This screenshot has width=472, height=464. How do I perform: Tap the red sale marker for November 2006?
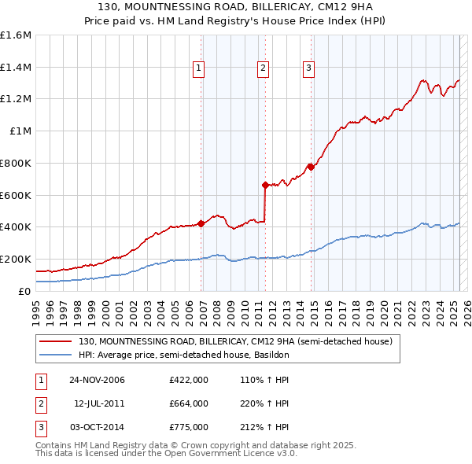click(x=201, y=223)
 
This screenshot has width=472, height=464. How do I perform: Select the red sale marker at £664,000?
click(x=265, y=186)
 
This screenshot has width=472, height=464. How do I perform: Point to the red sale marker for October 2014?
click(x=311, y=166)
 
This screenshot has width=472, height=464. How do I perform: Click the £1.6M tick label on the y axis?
click(x=16, y=35)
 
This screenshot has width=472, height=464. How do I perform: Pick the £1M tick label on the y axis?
click(x=21, y=131)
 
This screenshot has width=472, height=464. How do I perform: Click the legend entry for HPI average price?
click(x=184, y=355)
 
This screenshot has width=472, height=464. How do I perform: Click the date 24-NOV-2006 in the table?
click(x=97, y=380)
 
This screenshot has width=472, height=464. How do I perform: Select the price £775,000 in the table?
click(x=188, y=427)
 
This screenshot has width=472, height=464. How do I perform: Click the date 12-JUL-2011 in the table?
click(x=99, y=403)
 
